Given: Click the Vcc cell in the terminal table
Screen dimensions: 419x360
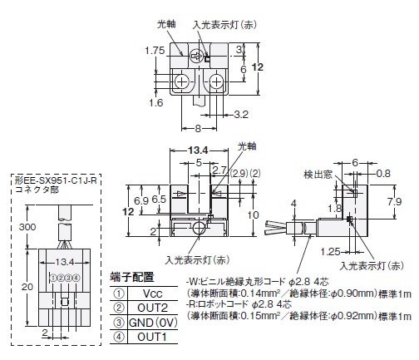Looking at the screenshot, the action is click(153, 293).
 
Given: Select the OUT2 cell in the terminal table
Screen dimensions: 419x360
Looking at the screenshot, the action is click(153, 308).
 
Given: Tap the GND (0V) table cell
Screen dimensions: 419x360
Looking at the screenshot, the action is click(153, 323).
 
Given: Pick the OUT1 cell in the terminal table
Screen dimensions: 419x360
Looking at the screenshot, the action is click(153, 337).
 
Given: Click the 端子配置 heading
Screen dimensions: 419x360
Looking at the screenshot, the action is click(132, 277).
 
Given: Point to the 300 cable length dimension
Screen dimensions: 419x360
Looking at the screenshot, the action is click(27, 227).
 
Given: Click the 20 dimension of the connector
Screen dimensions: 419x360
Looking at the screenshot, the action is click(27, 287).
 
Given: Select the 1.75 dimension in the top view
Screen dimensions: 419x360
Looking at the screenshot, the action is click(155, 51).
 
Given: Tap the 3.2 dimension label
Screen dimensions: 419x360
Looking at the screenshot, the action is click(241, 115).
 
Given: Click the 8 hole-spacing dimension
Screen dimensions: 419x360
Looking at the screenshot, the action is click(198, 129).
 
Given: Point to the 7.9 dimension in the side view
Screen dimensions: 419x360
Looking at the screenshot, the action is click(394, 201).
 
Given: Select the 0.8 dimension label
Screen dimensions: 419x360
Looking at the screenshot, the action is click(383, 174).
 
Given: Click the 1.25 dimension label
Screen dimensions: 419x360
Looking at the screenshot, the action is click(330, 252).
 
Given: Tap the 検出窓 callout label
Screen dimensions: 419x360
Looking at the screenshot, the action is click(318, 175).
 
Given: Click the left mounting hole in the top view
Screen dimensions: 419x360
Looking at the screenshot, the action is click(181, 81).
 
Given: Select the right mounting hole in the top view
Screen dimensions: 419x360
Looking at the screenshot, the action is click(216, 81).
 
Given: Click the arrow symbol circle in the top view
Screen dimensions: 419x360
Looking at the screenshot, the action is click(196, 57).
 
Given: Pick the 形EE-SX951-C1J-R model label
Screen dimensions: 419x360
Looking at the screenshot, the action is click(56, 181).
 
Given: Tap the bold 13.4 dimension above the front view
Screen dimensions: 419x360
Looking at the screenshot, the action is click(198, 150).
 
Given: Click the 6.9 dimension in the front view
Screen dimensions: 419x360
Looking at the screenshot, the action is click(141, 200).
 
